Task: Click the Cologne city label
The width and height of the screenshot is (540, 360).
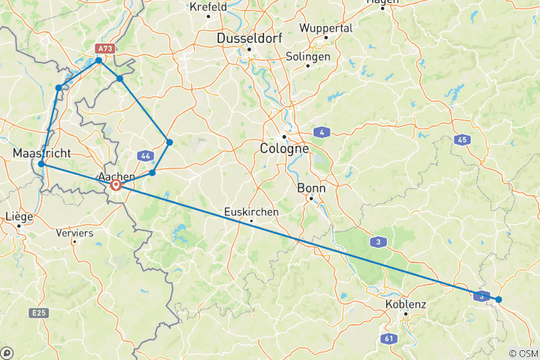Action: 285,149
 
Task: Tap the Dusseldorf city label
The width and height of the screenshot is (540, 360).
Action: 248,37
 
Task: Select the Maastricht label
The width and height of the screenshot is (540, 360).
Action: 42,153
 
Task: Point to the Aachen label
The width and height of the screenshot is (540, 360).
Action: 117,176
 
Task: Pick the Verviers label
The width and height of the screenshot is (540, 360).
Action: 74,232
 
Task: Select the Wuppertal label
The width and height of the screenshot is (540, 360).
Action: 325,28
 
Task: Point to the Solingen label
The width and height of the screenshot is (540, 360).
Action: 308,56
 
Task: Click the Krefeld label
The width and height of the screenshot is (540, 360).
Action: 208,7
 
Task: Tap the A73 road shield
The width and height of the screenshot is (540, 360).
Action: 104,48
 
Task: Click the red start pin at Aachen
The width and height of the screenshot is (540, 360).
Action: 115,184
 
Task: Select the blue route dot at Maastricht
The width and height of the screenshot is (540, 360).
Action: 41,163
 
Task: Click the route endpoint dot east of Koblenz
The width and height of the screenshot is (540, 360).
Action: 498,300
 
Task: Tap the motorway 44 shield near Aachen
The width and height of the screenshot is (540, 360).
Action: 145,155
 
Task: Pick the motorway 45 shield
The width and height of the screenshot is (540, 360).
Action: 462,139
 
